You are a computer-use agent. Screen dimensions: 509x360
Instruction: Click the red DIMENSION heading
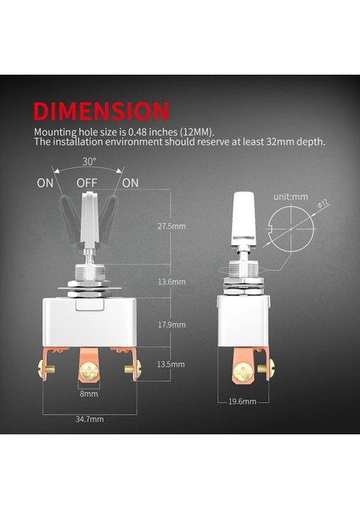click(101, 110)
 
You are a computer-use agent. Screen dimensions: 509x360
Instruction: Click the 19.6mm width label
click(243, 401)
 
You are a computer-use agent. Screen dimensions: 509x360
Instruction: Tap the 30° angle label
click(90, 161)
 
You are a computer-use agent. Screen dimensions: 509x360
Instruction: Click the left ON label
click(46, 182)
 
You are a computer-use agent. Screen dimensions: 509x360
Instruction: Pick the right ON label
click(131, 182)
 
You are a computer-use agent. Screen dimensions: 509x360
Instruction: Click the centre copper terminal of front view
click(89, 370)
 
